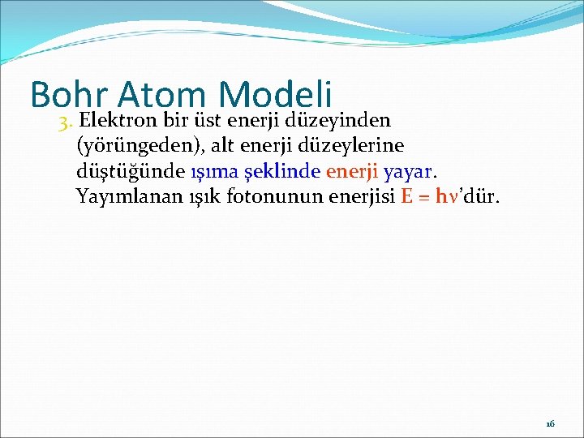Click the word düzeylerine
point(358,146)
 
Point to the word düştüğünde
point(128,171)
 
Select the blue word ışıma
point(211,171)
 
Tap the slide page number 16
point(550,424)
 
